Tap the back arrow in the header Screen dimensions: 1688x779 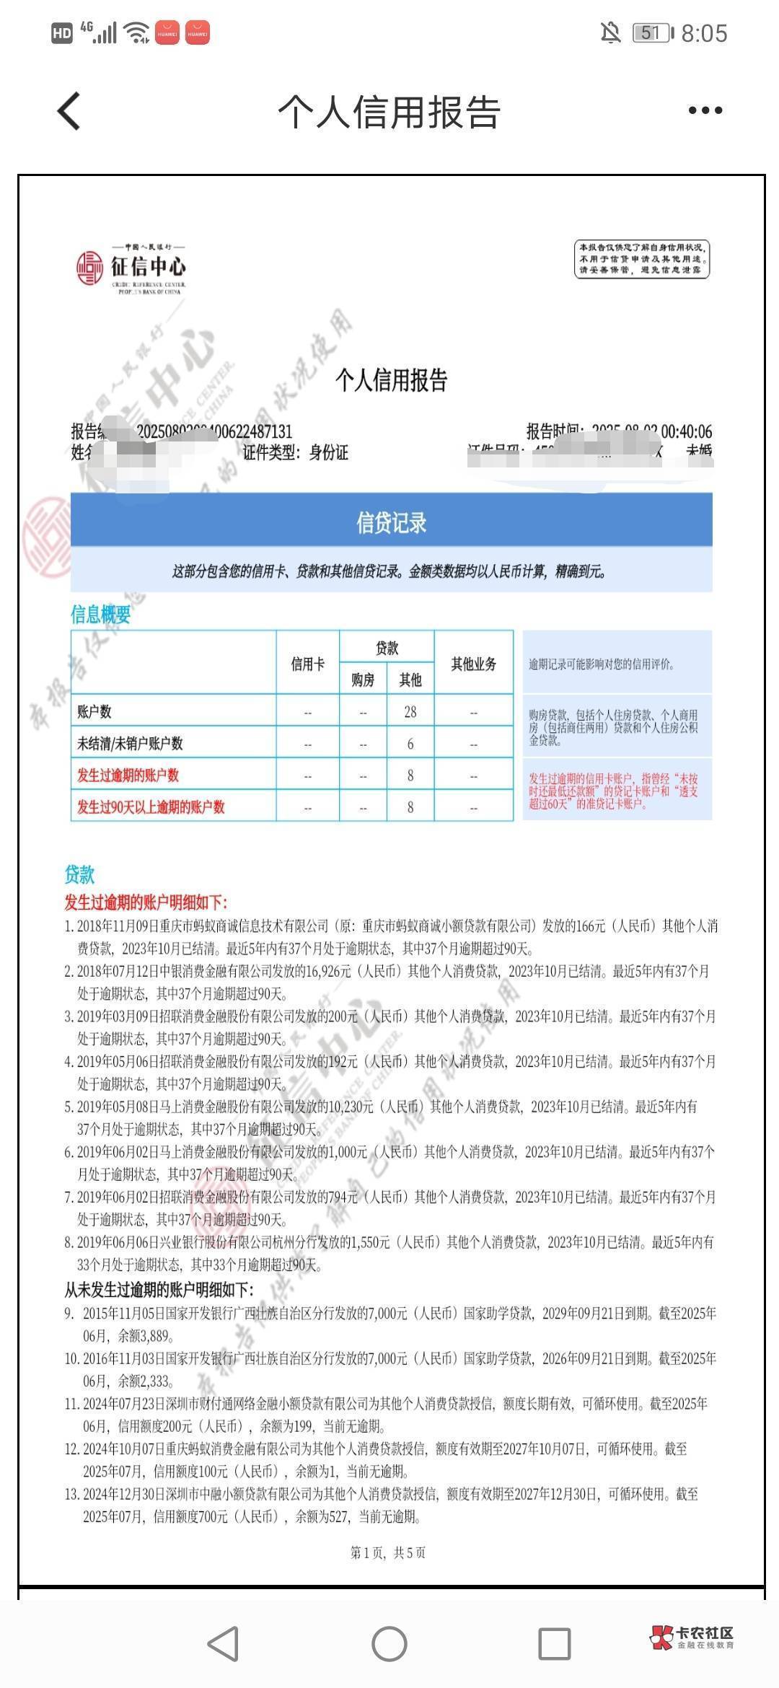coord(69,111)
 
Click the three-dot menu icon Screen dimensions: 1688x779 coord(705,110)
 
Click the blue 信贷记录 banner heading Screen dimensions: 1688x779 coord(391,522)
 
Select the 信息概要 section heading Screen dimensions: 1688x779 coord(100,614)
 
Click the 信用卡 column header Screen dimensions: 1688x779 coord(307,664)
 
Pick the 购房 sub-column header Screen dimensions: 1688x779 coord(363,680)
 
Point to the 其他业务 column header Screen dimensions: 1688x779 coord(473,664)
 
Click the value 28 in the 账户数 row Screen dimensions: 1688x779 coord(410,712)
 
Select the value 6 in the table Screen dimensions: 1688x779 coord(410,744)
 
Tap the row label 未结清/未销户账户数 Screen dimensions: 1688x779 coord(130,744)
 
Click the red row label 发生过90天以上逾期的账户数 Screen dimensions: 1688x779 coord(151,806)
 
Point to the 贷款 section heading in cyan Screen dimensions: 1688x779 coord(79,874)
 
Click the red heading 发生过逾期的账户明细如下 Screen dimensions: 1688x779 coord(146,902)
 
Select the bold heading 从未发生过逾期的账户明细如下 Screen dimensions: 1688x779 coord(159,1289)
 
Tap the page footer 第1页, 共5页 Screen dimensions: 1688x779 coord(388,1552)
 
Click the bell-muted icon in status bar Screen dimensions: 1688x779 coord(610,32)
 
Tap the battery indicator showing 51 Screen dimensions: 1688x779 coord(652,32)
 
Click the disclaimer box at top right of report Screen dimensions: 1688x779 coord(642,259)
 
